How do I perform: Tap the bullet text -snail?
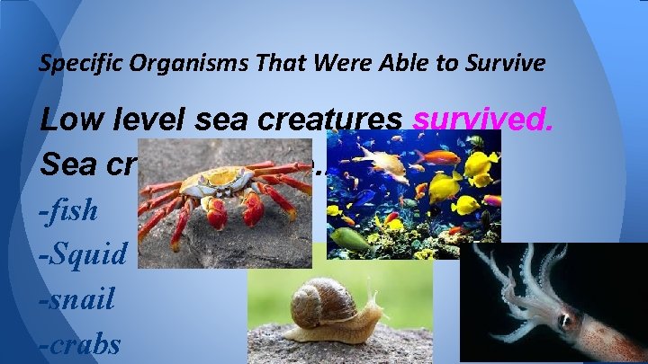77,298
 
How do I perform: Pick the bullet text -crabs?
81,343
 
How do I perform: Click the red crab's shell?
212,182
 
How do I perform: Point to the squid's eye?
564,319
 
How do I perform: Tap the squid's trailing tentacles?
504,279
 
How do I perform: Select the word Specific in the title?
72,64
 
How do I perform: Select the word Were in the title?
271,64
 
